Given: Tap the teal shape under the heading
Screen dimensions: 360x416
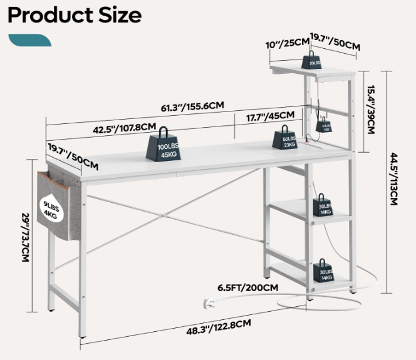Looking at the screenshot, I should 29,40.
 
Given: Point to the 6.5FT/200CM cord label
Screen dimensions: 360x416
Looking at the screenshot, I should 248,287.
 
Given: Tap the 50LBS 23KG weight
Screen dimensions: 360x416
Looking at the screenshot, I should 288,138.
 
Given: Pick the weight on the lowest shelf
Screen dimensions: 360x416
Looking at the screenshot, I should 326,270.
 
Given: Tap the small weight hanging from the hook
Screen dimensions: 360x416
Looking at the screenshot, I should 325,123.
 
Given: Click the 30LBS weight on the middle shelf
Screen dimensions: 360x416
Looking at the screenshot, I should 326,205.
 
